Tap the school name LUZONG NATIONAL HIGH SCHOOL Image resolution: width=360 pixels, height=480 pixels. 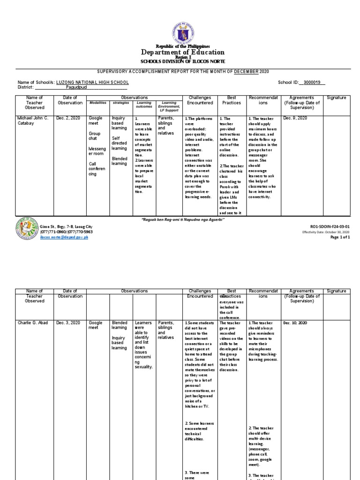pyautogui.click(x=92, y=82)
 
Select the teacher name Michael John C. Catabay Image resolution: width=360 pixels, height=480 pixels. pyautogui.click(x=35, y=121)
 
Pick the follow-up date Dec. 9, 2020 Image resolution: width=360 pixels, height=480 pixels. pyautogui.click(x=295, y=119)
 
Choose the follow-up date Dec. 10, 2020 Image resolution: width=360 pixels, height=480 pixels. pyautogui.click(x=296, y=323)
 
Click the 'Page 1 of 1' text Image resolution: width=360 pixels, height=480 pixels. pyautogui.click(x=340, y=237)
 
